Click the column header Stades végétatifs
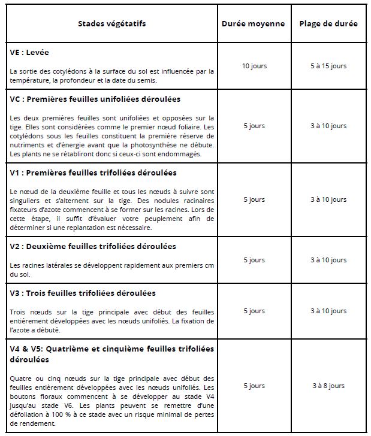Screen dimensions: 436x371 click(x=111, y=24)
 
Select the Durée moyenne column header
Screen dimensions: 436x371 click(x=253, y=24)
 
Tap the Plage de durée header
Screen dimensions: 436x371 click(x=328, y=24)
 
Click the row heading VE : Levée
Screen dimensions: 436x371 click(x=32, y=53)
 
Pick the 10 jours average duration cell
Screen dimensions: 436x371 click(x=254, y=66)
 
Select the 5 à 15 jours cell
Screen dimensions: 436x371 click(x=328, y=66)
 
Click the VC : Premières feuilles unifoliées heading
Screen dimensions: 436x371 click(x=95, y=99)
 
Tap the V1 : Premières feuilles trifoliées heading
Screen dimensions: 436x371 click(x=93, y=173)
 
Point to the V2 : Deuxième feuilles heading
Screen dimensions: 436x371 click(x=93, y=247)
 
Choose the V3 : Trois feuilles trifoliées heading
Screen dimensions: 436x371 click(x=83, y=293)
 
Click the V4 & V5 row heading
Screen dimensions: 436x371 click(x=111, y=353)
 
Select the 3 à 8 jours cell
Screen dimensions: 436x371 click(x=328, y=386)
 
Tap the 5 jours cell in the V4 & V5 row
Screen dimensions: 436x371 click(x=254, y=386)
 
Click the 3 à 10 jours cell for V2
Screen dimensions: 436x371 click(x=328, y=260)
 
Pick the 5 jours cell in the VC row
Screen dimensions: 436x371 click(x=254, y=126)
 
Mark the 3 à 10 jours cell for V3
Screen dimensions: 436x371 click(x=328, y=311)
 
